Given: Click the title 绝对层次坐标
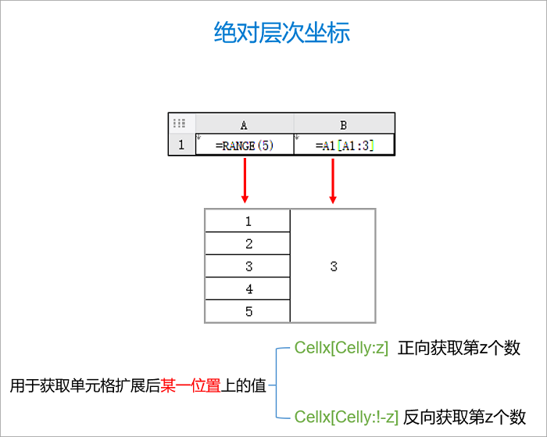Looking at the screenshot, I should pos(282,32).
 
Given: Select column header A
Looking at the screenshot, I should pos(244,125).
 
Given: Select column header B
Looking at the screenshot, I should pos(344,125).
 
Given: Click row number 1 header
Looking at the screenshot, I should pos(181,145).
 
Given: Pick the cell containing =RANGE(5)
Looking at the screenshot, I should pos(244,145).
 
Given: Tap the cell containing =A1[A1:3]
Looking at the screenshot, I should pos(344,145).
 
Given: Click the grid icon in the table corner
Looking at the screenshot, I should pos(179,124).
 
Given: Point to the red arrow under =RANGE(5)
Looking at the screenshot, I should pos(245,180).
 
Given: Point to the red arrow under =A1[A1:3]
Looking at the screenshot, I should pos(333,180).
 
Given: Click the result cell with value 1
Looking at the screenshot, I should pos(248,221).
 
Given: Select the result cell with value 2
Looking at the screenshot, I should pos(248,244).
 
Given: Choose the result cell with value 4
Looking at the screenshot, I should pos(248,289).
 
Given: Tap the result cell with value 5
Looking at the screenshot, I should pos(248,311).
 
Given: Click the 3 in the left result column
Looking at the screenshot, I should pos(248,267).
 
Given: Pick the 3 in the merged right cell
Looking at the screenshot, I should pos(334,267).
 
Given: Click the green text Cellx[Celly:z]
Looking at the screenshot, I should pos(341,349).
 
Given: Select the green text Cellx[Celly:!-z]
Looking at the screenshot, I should pos(346,417).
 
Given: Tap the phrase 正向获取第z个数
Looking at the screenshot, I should pos(459,349).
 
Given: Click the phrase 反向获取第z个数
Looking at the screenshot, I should pos(464,417).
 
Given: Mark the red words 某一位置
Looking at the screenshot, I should pos(190,385).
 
